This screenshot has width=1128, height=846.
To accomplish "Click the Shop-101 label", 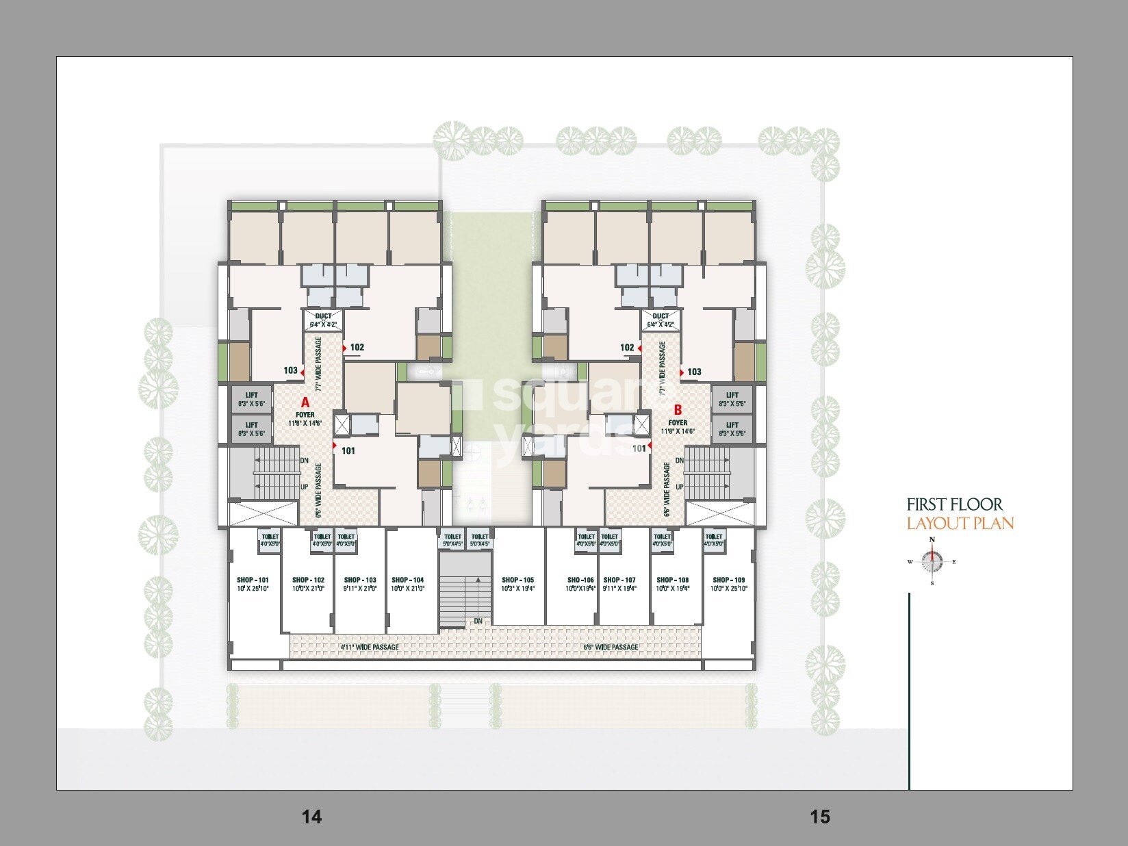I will (253, 580).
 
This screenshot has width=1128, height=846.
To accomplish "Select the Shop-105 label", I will (517, 580).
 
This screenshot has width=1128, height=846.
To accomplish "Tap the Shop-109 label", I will (728, 580).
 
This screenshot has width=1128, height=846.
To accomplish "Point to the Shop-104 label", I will (407, 580).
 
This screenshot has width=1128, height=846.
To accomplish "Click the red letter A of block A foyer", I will (305, 403).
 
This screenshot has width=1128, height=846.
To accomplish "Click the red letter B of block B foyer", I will (678, 410).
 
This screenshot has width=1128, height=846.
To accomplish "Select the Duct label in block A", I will (323, 316).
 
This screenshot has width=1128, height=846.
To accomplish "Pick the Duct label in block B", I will (661, 316).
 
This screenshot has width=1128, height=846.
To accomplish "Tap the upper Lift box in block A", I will (252, 398).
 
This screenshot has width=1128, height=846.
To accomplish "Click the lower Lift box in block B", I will (732, 428).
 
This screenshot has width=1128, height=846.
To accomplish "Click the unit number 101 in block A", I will (348, 450).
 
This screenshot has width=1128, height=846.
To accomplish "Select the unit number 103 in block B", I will (694, 372).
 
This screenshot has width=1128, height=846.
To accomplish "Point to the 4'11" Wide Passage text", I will (369, 647).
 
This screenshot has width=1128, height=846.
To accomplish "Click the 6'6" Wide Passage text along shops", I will (610, 647).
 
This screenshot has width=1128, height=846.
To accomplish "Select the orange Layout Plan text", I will (960, 524).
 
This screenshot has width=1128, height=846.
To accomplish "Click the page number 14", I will (311, 816).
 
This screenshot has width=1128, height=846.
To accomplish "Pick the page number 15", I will (819, 816).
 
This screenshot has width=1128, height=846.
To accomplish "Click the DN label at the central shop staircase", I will (478, 621).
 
